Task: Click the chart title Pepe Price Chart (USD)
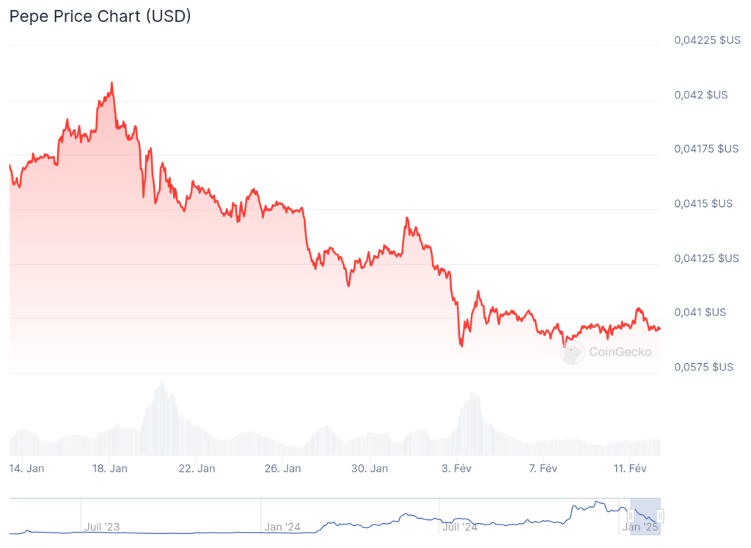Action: (100, 16)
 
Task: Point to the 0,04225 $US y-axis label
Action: (707, 40)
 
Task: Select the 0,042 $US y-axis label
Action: (701, 95)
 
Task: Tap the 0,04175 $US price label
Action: (707, 149)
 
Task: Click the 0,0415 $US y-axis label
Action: (704, 203)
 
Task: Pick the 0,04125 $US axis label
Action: (707, 258)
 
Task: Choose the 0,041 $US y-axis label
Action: (701, 313)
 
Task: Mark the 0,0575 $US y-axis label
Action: (704, 367)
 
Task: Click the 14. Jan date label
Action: (26, 468)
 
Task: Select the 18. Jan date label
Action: (111, 468)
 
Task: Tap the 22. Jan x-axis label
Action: (197, 468)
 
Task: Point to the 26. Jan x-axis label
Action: (283, 468)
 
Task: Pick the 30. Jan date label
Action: (370, 468)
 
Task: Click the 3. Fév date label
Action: (455, 468)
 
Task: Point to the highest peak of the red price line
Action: (111, 83)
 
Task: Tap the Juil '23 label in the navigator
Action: (102, 526)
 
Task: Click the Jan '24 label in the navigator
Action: (282, 526)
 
